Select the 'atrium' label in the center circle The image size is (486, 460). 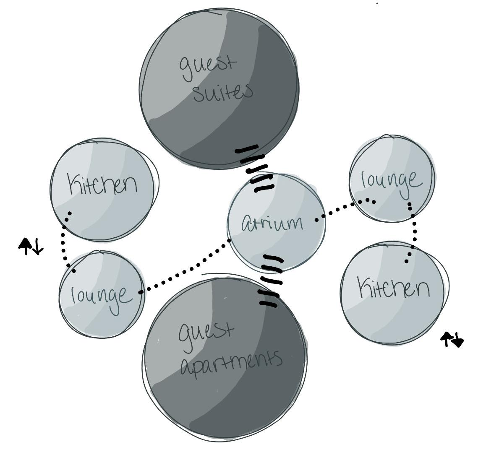272,223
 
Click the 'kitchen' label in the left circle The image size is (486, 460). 103,185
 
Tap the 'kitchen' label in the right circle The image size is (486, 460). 394,288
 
